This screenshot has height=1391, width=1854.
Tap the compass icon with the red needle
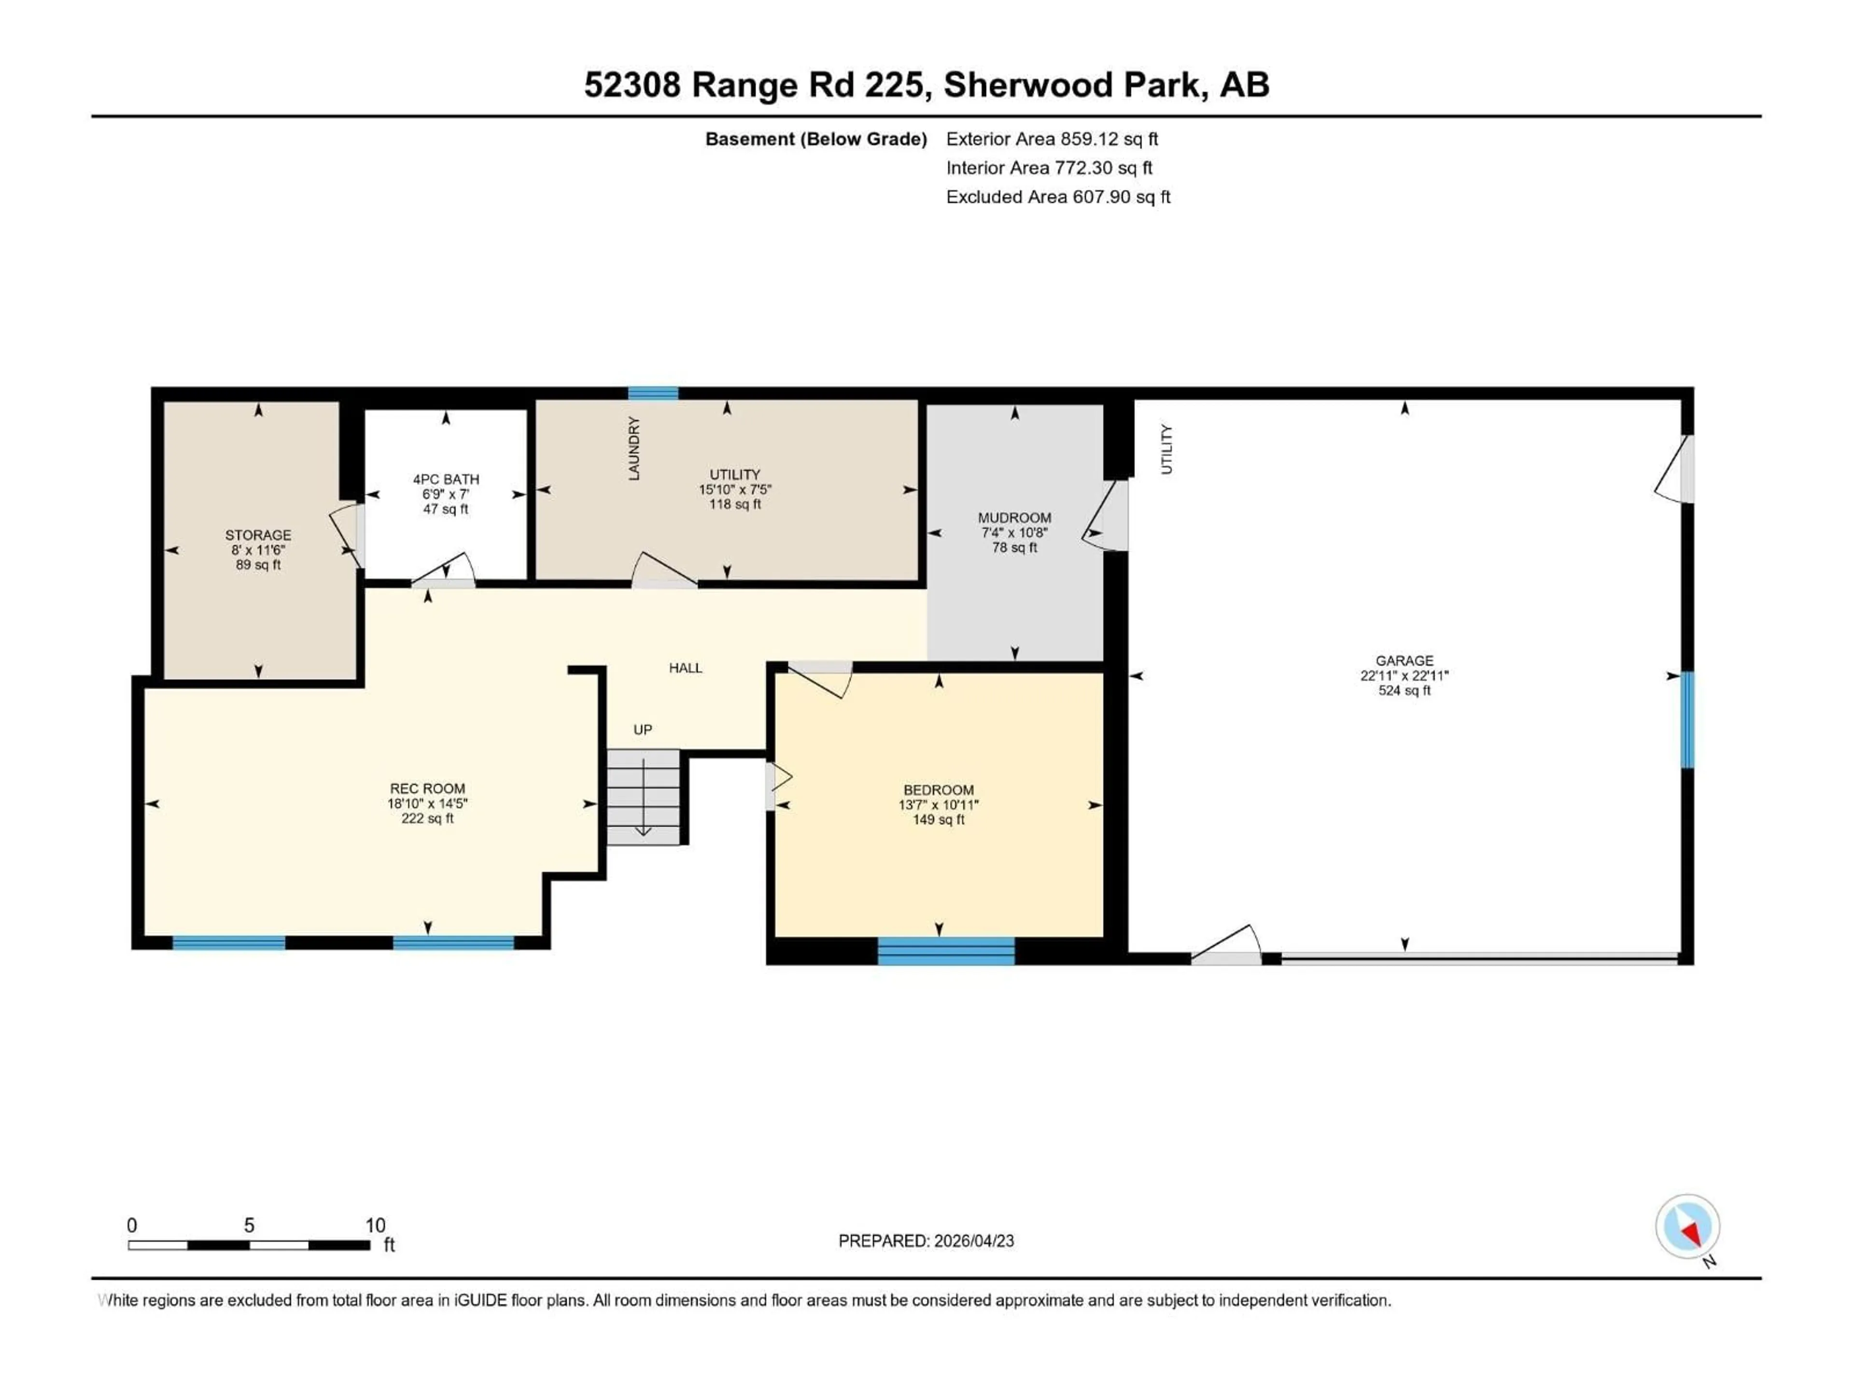(x=1687, y=1227)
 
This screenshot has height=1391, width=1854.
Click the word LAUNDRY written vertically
(x=633, y=449)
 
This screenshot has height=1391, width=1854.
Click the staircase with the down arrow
(x=643, y=796)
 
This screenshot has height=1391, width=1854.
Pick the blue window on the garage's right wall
(x=1687, y=719)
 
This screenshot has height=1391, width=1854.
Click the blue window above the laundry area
(x=653, y=393)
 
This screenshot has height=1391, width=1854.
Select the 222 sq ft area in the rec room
(x=427, y=818)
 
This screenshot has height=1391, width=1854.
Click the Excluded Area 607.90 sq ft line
(x=1058, y=197)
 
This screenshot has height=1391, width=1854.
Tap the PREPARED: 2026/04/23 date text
(x=926, y=1241)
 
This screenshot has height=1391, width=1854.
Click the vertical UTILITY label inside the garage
(x=1166, y=449)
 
